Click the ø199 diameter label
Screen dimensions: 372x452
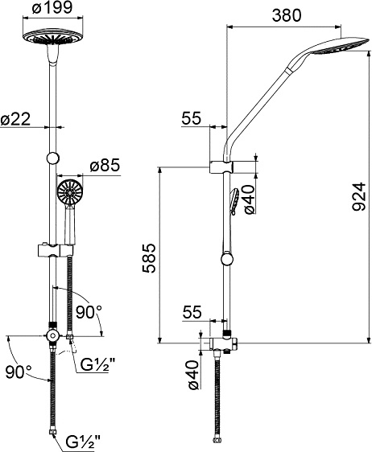click(x=52, y=7)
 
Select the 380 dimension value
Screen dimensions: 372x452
click(x=287, y=15)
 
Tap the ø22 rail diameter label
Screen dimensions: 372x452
click(x=15, y=118)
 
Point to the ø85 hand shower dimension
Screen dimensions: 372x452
click(x=105, y=166)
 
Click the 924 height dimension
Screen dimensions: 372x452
click(x=359, y=196)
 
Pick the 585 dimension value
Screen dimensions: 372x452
click(x=149, y=258)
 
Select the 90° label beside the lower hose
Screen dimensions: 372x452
click(x=19, y=372)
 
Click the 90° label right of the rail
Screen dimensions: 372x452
click(x=89, y=312)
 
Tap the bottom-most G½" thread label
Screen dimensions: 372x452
click(x=83, y=441)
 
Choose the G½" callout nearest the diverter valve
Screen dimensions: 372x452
click(x=95, y=366)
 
